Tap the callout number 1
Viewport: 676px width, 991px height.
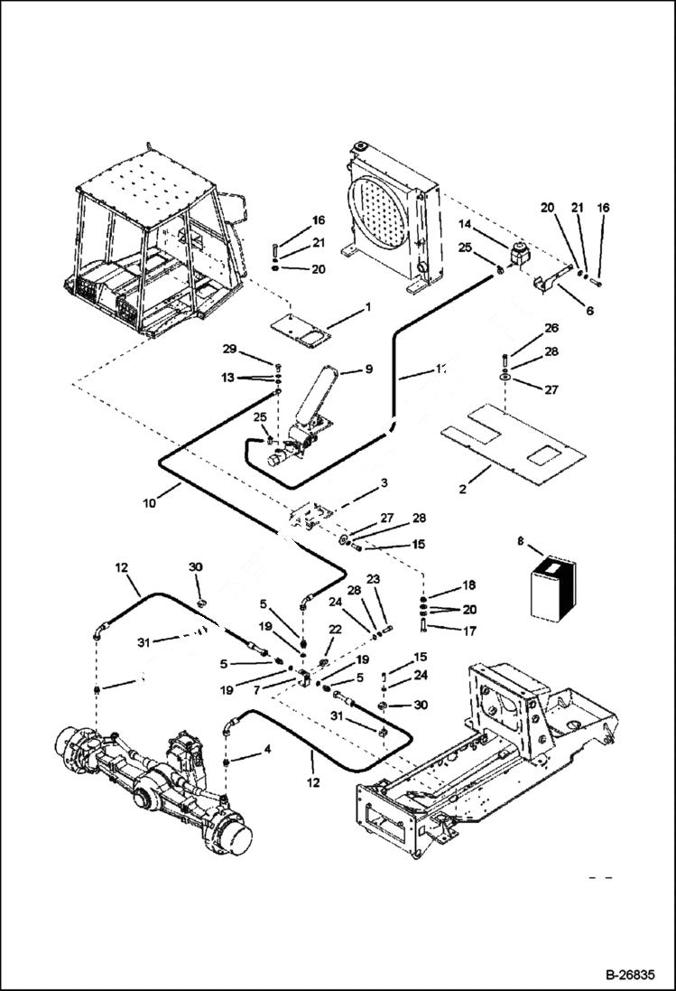click(368, 307)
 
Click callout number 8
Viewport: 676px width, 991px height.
click(519, 542)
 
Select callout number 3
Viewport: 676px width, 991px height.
click(384, 483)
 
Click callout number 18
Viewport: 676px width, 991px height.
click(469, 585)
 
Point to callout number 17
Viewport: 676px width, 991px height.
click(469, 632)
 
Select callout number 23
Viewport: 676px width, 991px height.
click(373, 579)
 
